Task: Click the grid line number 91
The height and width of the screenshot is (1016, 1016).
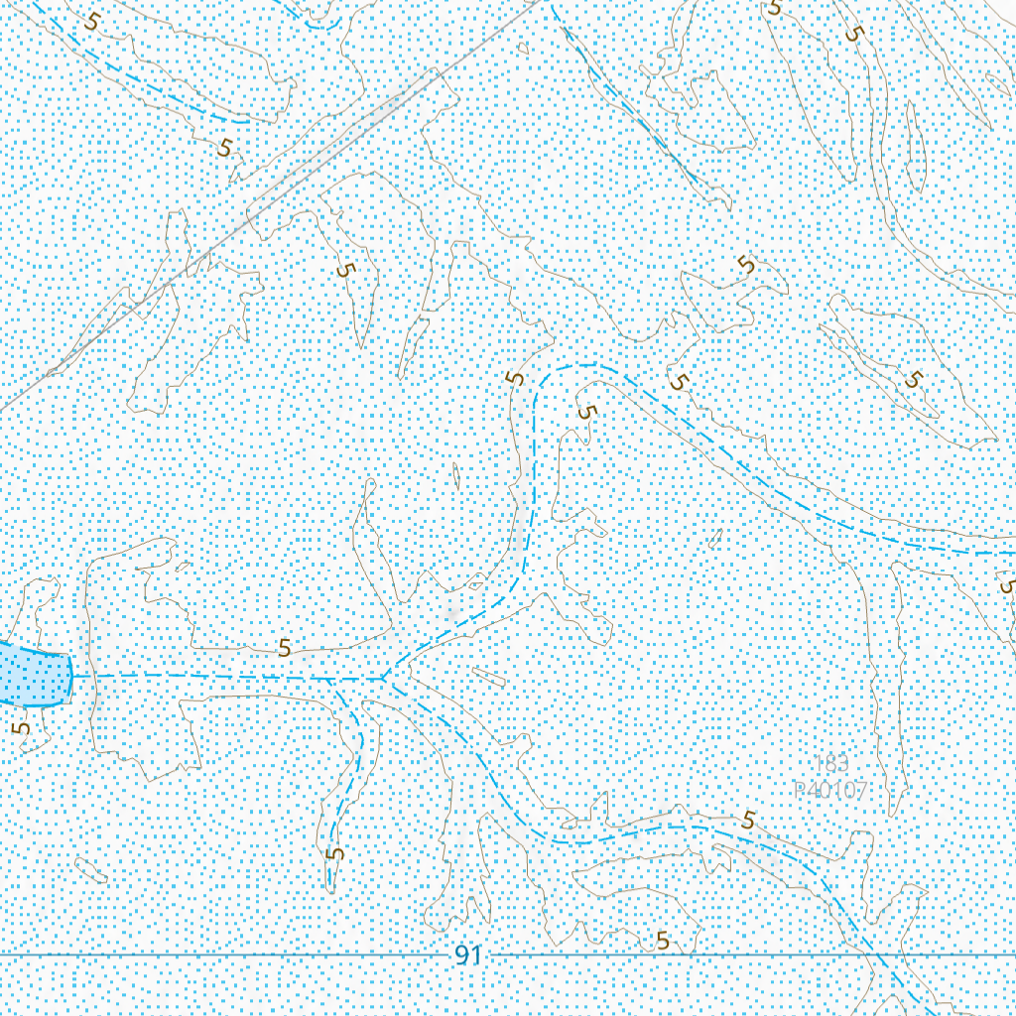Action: (467, 955)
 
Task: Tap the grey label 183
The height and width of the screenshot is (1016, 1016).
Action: (830, 764)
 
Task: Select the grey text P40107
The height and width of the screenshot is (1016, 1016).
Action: (830, 791)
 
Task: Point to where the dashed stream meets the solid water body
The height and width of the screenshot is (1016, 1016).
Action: (73, 676)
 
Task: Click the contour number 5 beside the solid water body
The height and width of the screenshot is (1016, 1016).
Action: (22, 727)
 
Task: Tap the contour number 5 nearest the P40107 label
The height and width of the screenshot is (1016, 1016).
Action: (748, 821)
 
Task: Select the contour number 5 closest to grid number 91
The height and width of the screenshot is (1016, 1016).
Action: (662, 942)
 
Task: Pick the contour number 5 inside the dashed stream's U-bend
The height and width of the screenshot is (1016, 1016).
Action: (587, 411)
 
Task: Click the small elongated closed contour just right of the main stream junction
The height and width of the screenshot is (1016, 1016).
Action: (488, 678)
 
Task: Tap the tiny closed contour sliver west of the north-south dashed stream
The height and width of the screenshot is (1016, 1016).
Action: (456, 476)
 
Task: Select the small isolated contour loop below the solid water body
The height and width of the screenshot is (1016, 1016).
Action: (91, 870)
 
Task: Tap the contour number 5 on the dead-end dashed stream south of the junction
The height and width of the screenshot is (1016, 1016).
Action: (335, 852)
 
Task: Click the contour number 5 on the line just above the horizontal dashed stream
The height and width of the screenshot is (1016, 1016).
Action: (285, 649)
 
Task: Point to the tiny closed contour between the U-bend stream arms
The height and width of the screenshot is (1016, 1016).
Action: (714, 539)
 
